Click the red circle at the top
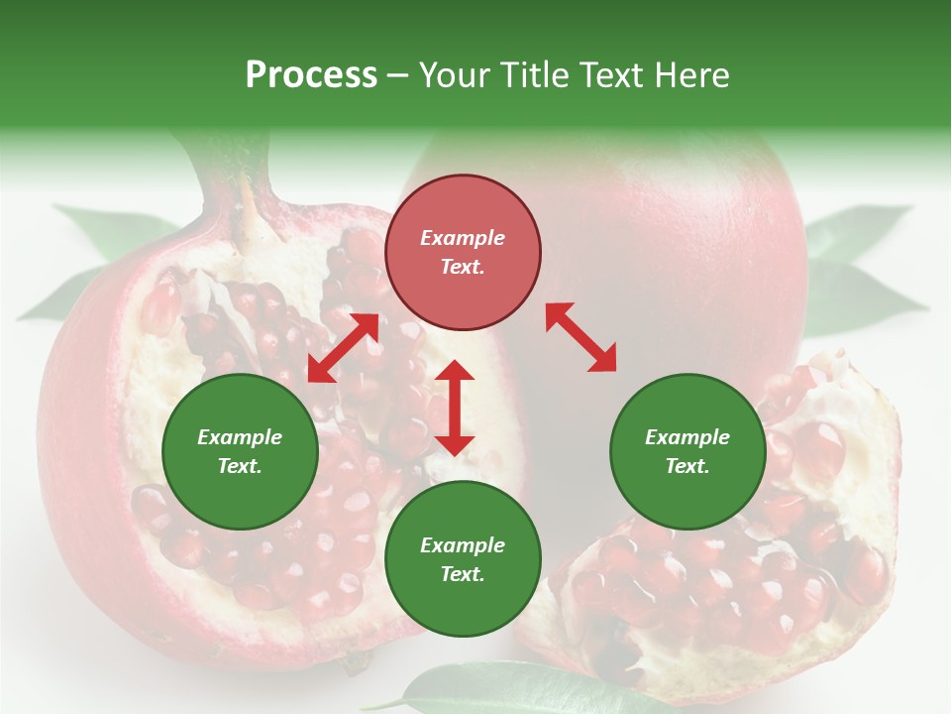(463, 253)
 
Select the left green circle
(240, 451)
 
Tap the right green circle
(687, 451)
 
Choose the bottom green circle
(463, 559)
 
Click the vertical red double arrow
(455, 408)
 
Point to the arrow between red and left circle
(343, 348)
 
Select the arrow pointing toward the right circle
(581, 337)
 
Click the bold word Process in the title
(311, 74)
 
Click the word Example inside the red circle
(463, 238)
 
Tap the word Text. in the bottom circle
(463, 574)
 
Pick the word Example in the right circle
(687, 437)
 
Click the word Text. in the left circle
(240, 466)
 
